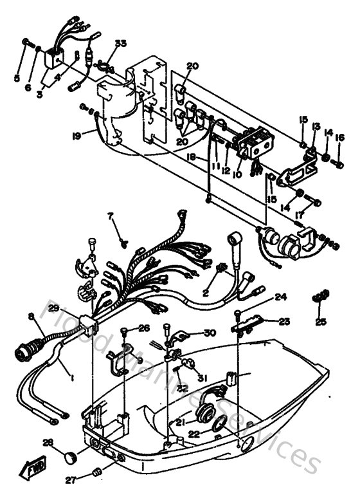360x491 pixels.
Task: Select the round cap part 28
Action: (70, 458)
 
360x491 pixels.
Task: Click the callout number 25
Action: (321, 321)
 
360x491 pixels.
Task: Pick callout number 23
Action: (284, 321)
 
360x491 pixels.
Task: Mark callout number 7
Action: (111, 217)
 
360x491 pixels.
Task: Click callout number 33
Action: (120, 44)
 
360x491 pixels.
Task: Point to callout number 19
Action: (76, 136)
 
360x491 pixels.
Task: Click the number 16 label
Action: (339, 137)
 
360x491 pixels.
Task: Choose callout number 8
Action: (30, 315)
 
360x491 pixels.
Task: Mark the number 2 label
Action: (206, 292)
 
